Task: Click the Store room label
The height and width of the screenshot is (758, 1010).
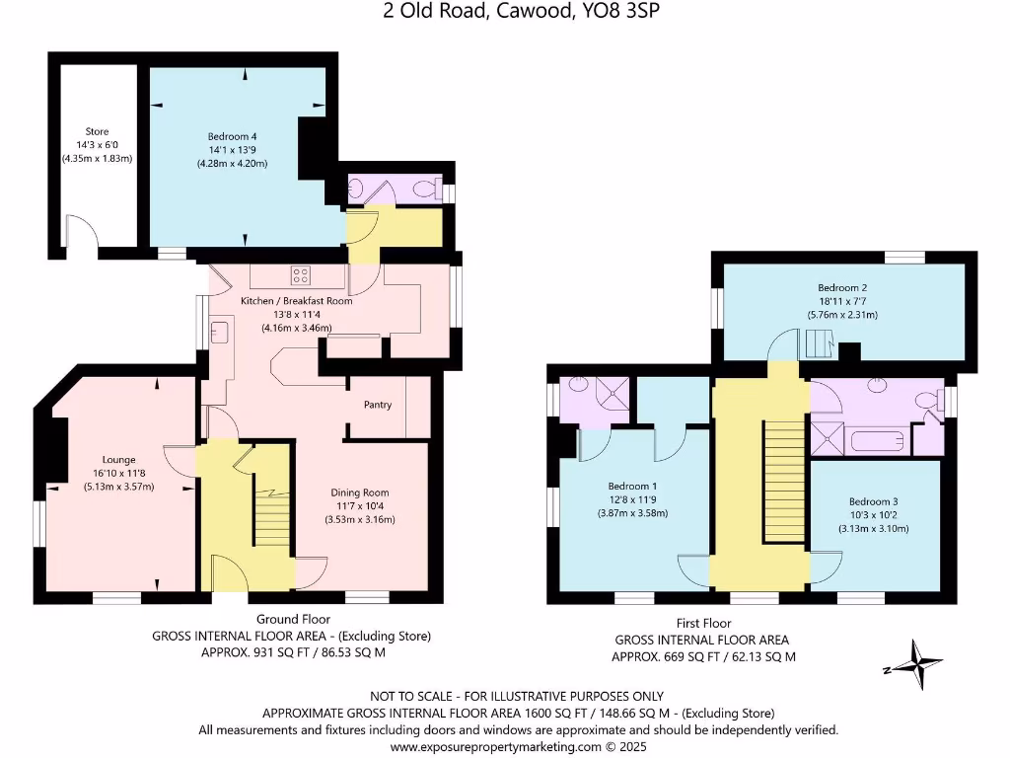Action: point(97,131)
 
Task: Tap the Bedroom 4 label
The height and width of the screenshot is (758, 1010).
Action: point(237,136)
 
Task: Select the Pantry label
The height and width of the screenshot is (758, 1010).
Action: point(378,405)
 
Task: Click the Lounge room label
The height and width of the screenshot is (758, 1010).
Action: point(118,459)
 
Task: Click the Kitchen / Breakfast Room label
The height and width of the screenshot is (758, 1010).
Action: point(297,301)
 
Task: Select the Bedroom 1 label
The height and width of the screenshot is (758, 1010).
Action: point(633,486)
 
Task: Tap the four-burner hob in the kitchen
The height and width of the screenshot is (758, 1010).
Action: point(301,275)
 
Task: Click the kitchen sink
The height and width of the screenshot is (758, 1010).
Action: point(219,332)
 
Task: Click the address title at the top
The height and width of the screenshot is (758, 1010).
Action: point(503,12)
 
